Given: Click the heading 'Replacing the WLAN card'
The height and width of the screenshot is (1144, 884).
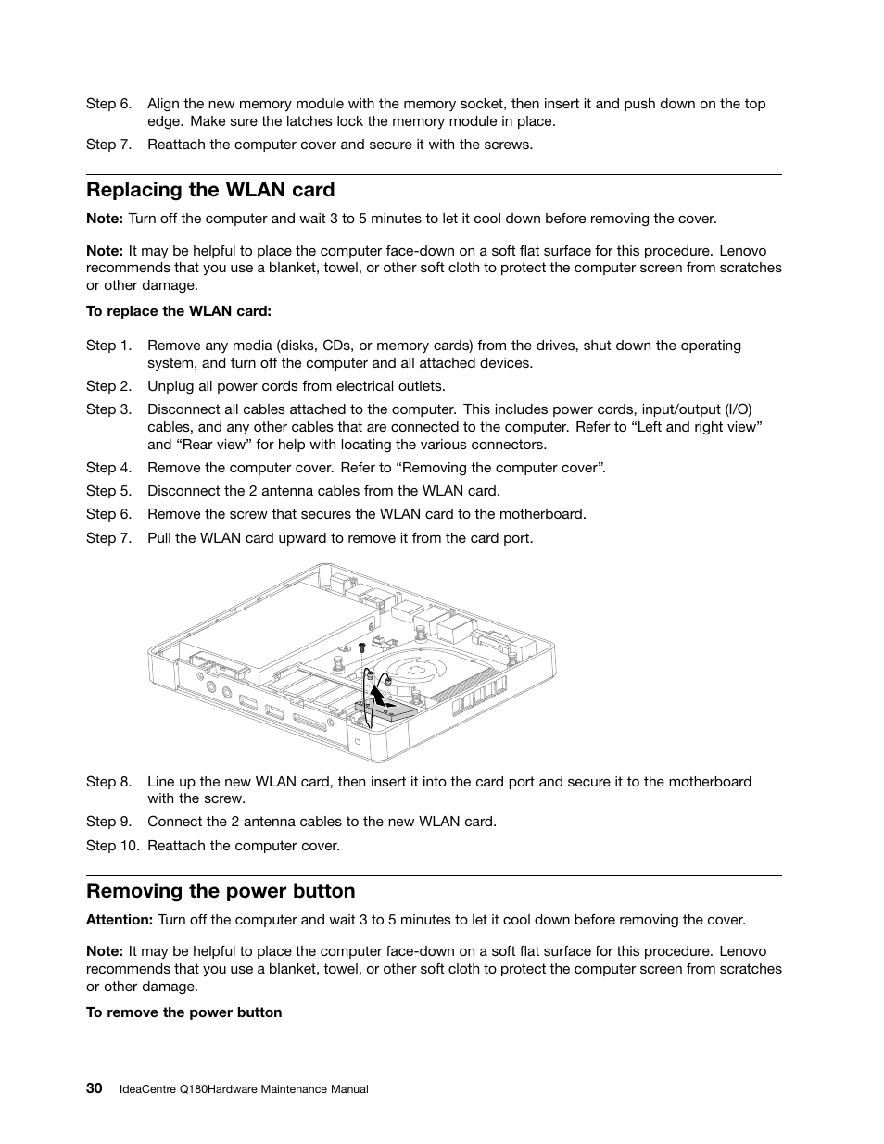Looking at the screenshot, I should [210, 190].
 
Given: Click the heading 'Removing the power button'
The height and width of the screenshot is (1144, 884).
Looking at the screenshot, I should [221, 891].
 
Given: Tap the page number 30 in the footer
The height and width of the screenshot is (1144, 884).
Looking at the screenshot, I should [94, 1088].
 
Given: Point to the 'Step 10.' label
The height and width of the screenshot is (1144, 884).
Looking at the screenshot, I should [112, 845].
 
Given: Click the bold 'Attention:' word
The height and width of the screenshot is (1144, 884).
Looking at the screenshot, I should [119, 920].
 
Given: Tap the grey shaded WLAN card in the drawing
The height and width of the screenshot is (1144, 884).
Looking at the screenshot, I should [389, 711].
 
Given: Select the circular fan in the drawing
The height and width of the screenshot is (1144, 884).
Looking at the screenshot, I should [417, 670].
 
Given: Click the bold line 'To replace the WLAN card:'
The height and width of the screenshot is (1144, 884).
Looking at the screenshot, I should [178, 310].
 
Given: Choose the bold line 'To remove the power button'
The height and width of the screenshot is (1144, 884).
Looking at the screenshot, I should [183, 1012].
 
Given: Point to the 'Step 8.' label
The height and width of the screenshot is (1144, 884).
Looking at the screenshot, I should [108, 781].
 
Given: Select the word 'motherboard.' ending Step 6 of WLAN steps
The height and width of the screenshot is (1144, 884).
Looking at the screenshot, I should [544, 514].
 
